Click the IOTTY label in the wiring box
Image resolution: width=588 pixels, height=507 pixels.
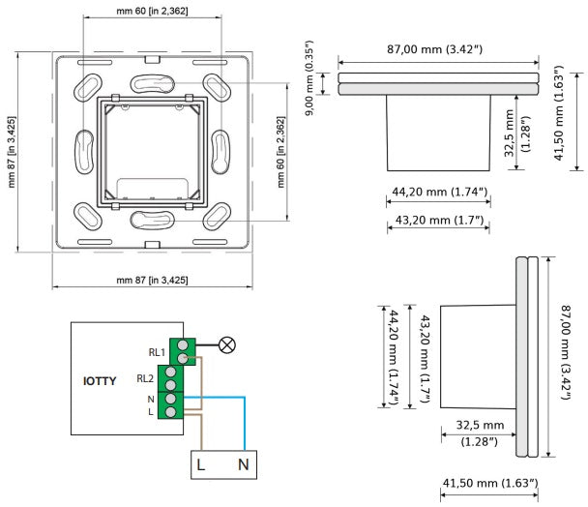(100, 381)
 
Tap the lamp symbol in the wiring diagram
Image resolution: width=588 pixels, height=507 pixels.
(227, 344)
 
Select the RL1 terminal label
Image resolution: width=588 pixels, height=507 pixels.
(157, 352)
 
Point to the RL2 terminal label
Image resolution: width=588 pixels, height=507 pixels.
(145, 378)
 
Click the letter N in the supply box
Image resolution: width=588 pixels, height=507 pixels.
(244, 465)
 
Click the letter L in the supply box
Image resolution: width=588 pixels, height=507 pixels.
(200, 465)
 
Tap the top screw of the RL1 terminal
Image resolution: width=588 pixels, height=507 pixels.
(183, 344)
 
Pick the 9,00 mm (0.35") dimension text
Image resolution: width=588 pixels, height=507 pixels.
(309, 77)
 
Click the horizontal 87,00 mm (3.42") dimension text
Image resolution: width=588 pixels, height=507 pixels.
(434, 49)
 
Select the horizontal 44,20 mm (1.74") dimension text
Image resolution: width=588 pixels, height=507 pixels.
(439, 192)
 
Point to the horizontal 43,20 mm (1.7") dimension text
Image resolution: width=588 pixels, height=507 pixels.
(439, 220)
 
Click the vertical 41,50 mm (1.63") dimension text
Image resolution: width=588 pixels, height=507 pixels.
(559, 113)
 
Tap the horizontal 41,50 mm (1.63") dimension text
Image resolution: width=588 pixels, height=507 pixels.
(490, 483)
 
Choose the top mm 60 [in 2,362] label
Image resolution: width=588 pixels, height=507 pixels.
(152, 11)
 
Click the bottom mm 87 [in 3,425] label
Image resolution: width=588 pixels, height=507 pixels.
(152, 280)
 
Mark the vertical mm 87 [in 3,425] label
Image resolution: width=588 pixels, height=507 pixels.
(12, 152)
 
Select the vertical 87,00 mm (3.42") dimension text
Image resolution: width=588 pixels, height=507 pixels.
(566, 352)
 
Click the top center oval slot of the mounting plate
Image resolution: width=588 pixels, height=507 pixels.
(152, 83)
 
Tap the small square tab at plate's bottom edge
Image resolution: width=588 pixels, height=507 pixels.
(152, 245)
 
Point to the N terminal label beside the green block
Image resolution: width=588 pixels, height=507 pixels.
(151, 400)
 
